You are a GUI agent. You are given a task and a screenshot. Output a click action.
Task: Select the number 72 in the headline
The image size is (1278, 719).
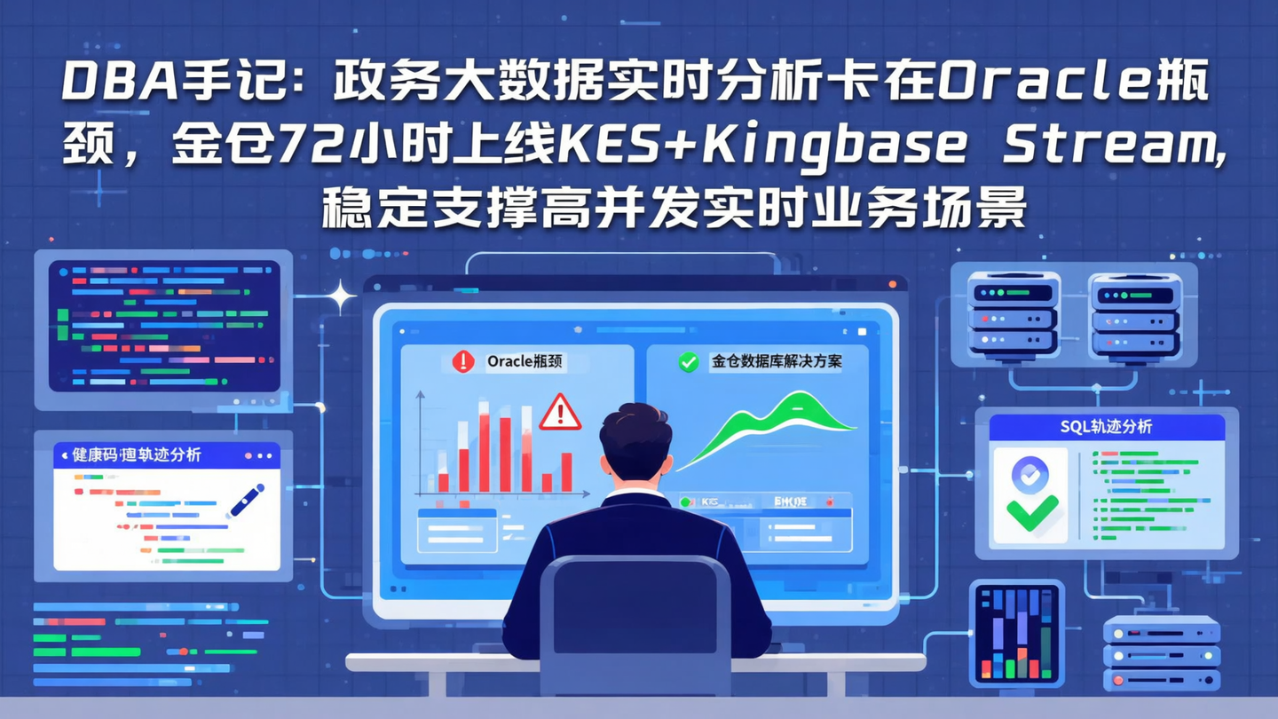306,146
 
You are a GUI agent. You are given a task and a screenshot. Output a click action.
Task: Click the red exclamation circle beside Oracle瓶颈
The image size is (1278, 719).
463,361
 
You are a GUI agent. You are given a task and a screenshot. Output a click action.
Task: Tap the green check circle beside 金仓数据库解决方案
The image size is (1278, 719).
688,361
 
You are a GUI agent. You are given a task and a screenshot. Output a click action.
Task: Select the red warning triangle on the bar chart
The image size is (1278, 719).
560,413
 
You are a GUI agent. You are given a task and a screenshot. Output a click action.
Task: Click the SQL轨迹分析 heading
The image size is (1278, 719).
1106,427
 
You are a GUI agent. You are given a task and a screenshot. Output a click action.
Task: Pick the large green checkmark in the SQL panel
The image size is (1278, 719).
1032,512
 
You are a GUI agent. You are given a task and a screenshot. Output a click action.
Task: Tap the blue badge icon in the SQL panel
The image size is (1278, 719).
1029,476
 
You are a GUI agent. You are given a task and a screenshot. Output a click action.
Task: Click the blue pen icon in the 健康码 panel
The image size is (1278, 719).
246,501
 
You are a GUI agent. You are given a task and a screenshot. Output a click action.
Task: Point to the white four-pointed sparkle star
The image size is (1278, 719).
339,297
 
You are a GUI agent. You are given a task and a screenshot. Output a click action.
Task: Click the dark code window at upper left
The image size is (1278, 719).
164,326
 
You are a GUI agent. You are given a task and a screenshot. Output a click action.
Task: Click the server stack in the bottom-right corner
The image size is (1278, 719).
1161,655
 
